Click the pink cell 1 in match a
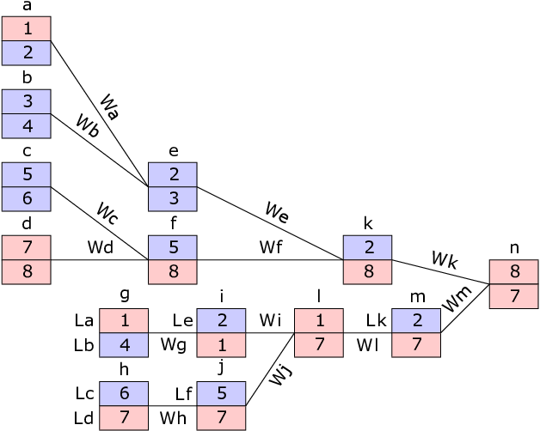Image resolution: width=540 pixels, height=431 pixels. point(27,28)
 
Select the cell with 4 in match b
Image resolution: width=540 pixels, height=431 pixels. point(27,126)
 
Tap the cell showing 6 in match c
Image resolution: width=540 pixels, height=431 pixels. point(27,199)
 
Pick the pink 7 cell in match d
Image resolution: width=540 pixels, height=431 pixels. point(27,247)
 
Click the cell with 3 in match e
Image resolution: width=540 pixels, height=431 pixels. point(173,199)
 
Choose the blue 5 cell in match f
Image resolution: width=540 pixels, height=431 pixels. point(173,247)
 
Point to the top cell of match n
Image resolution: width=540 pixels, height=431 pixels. point(514,272)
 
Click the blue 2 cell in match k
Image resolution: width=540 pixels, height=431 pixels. point(367,247)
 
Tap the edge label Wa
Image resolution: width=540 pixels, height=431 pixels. point(110,106)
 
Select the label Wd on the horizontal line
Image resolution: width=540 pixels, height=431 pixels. point(101,247)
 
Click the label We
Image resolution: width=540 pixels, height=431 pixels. point(277,213)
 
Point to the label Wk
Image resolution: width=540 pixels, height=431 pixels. point(445,260)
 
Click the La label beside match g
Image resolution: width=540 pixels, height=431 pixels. point(84,320)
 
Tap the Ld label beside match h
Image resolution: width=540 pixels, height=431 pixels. point(83,418)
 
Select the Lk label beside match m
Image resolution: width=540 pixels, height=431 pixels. point(376,320)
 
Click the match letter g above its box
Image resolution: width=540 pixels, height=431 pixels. point(125,294)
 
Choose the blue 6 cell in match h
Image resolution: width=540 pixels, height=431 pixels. point(124,394)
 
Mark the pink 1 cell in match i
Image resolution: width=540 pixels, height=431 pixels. point(222,345)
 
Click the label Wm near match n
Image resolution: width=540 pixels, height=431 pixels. point(457,299)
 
